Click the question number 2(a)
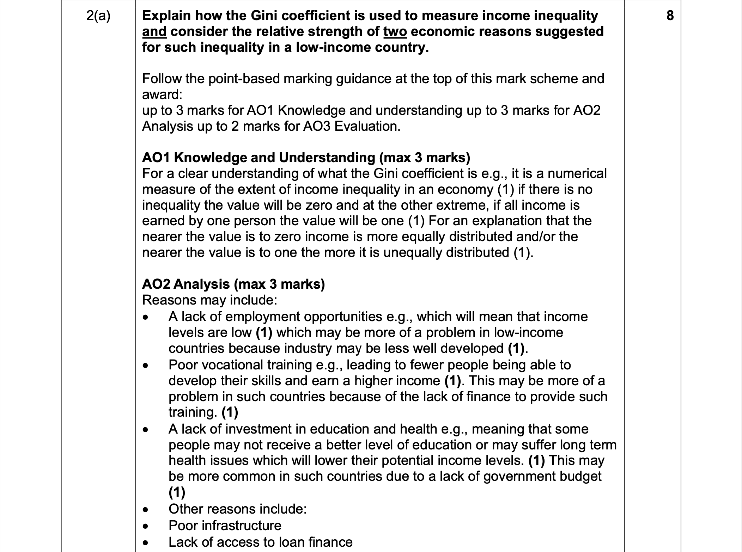click(98, 16)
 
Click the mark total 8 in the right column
click(670, 16)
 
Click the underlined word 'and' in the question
click(154, 32)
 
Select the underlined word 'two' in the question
click(395, 32)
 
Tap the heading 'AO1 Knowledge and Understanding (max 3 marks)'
click(306, 158)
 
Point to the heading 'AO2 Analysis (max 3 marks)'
click(233, 284)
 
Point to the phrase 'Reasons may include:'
click(209, 300)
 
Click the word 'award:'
click(162, 94)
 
